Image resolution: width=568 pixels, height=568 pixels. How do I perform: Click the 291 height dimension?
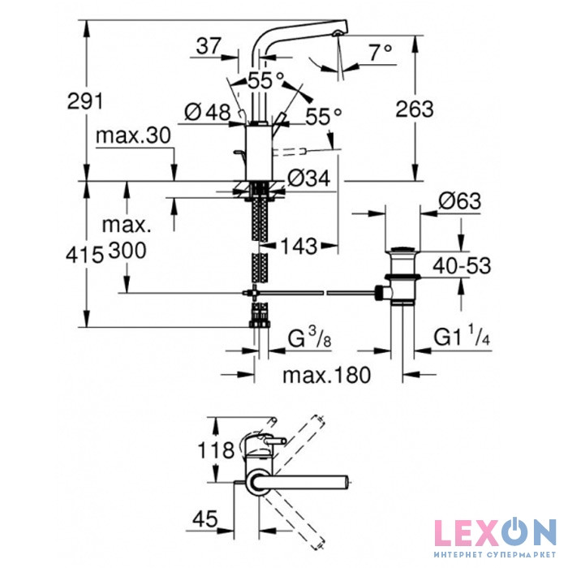(x=85, y=101)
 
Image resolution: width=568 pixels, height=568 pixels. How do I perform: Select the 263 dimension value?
(x=414, y=109)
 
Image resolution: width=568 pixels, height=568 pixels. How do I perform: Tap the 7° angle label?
(x=381, y=52)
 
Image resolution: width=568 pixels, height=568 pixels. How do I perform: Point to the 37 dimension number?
(x=209, y=46)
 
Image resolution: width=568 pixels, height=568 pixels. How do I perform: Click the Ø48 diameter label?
(x=207, y=112)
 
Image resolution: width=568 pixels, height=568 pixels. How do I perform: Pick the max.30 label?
(x=133, y=136)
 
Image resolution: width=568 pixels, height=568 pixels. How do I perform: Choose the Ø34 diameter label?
(x=308, y=179)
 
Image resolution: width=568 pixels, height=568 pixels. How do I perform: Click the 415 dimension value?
(x=84, y=256)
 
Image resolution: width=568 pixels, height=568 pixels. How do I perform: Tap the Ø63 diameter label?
(x=460, y=200)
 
